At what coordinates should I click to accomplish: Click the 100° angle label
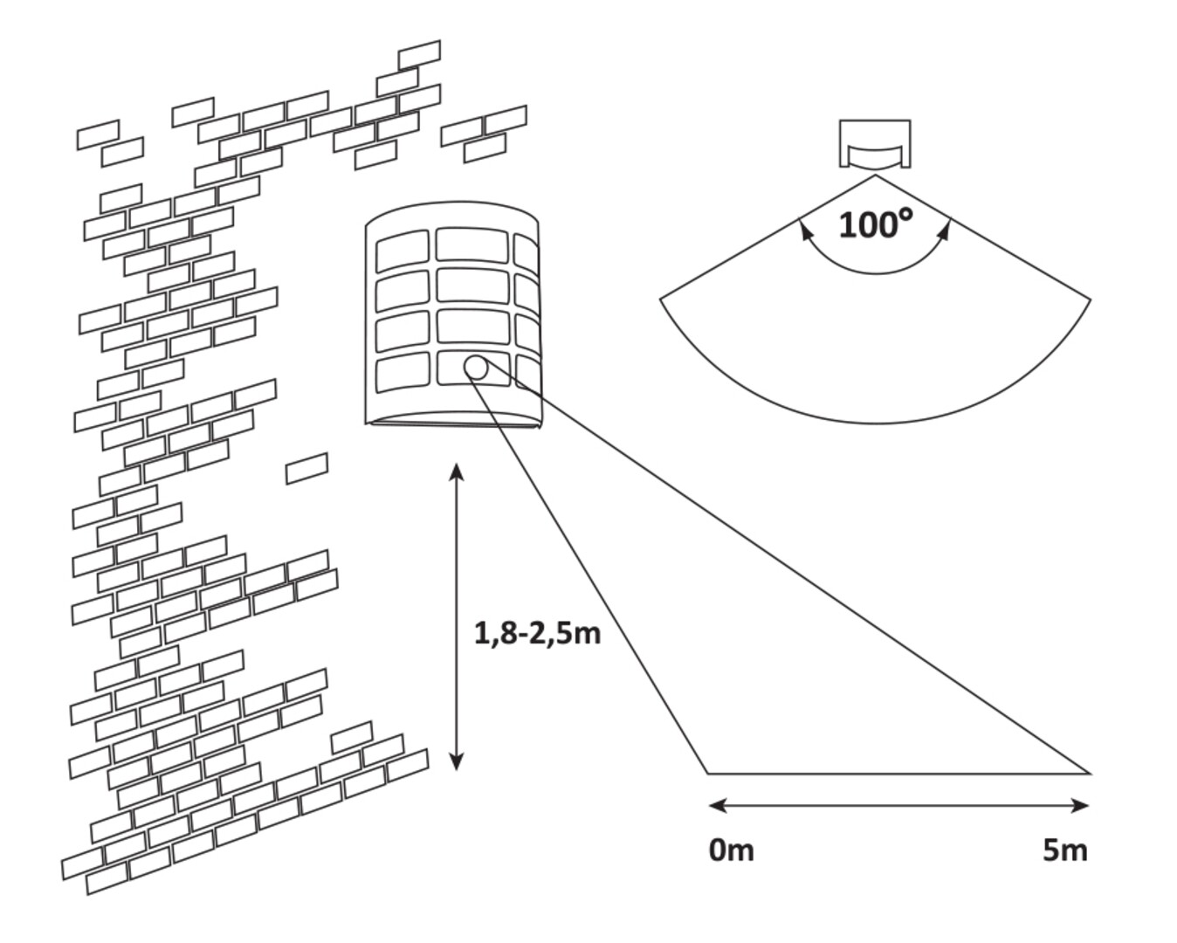[x=876, y=224]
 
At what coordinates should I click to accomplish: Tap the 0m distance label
[x=732, y=850]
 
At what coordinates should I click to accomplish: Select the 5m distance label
[x=1065, y=850]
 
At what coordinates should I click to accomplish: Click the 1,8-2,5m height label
[x=538, y=632]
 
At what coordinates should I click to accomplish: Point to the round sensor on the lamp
[x=476, y=368]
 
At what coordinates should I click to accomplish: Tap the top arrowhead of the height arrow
[x=456, y=472]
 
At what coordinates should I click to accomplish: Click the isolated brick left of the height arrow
[x=307, y=468]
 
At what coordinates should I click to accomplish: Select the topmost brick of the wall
[x=419, y=54]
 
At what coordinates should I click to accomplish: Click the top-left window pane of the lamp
[x=403, y=251]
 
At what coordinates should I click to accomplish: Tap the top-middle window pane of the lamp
[x=471, y=244]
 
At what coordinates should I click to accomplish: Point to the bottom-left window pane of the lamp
[x=403, y=373]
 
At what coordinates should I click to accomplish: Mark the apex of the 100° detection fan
[x=876, y=176]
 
